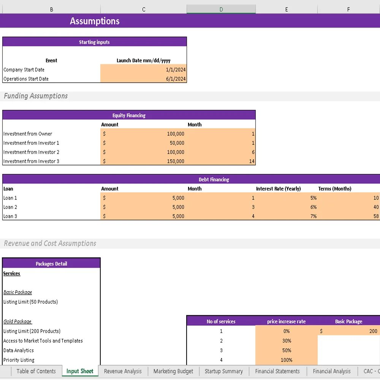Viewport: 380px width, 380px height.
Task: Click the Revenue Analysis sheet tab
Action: point(123,371)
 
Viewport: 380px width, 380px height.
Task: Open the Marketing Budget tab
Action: point(173,371)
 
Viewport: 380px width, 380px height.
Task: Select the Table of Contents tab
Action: point(36,371)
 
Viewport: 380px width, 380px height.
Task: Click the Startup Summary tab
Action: point(223,371)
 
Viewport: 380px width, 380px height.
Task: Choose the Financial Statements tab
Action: point(277,371)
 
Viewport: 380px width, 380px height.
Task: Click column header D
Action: point(221,9)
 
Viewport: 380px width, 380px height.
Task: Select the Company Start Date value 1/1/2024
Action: point(176,70)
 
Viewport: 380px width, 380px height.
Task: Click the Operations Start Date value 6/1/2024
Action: point(176,79)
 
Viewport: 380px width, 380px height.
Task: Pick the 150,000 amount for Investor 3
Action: point(176,161)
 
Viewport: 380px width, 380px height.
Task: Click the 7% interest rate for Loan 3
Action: point(313,216)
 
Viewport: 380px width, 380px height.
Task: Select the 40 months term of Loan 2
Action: point(376,207)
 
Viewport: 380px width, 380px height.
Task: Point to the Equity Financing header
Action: point(129,116)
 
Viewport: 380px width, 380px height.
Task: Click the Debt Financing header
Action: point(214,180)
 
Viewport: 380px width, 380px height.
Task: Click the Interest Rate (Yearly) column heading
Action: point(278,189)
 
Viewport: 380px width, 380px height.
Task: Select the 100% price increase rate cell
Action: point(287,360)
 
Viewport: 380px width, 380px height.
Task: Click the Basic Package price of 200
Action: point(373,331)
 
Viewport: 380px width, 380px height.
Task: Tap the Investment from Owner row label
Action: point(28,134)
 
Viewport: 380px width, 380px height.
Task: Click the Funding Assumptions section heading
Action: point(36,96)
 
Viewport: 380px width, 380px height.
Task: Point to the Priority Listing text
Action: point(19,360)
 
